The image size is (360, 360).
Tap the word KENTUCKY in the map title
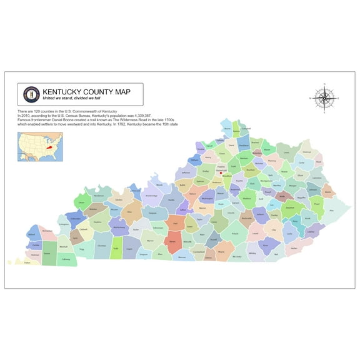(63, 91)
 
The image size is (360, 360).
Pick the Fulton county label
(27, 262)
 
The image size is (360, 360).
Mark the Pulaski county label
(235, 233)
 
